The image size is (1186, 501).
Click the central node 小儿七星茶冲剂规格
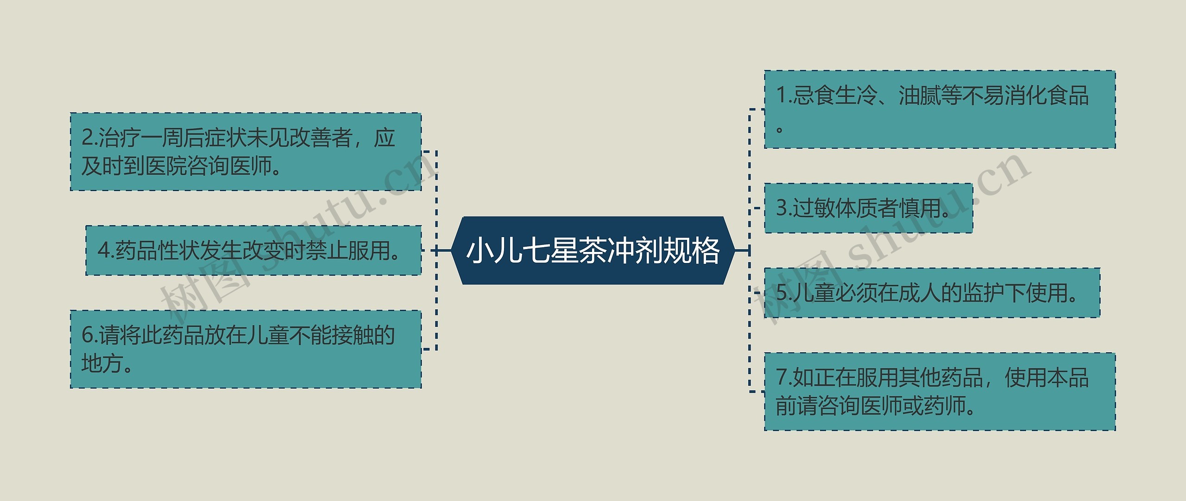point(593,250)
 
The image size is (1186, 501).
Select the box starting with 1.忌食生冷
point(940,110)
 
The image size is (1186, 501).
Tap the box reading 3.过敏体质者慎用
point(868,208)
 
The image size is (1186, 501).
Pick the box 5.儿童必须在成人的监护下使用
point(932,293)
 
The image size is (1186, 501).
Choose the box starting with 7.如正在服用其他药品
point(940,392)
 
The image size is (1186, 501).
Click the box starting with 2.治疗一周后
point(246,152)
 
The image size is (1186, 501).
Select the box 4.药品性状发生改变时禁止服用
point(253,250)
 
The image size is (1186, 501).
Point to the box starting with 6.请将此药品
point(246,349)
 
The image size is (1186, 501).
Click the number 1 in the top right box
point(781,96)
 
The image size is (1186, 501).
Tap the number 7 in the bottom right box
point(781,378)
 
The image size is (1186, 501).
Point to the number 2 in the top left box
point(87,138)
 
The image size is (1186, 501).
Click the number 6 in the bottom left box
point(87,335)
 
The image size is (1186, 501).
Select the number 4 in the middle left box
point(103,251)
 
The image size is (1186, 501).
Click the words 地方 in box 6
point(102,363)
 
